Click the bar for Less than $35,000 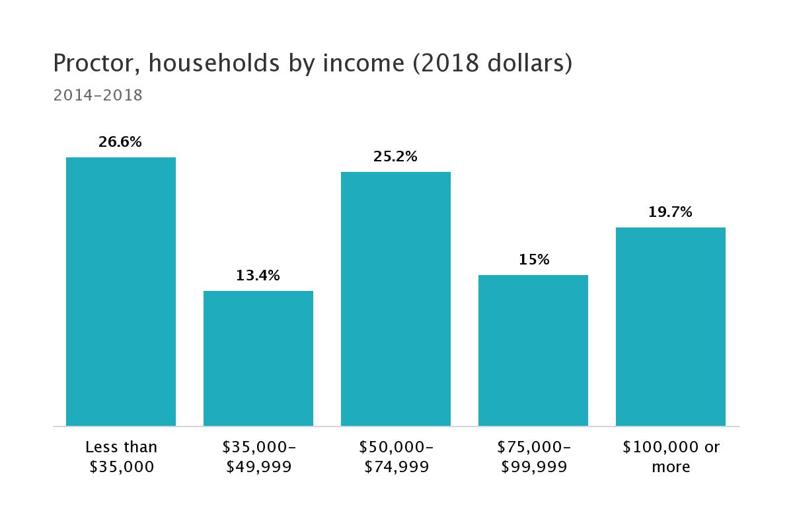pos(121,292)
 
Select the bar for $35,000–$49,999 pos(258,358)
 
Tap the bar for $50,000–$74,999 pos(396,299)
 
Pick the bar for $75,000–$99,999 pos(533,350)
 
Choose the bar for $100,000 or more pos(671,327)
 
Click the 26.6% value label pos(120,142)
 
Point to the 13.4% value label pos(258,275)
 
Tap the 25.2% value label pos(395,157)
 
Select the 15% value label pos(533,260)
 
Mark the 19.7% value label pos(671,212)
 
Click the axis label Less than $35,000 pos(122,457)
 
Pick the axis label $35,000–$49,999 pos(258,457)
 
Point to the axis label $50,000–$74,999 pos(396,457)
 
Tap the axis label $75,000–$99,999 pos(533,457)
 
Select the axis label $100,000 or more pos(671,457)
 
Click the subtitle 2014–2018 pos(98,95)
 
